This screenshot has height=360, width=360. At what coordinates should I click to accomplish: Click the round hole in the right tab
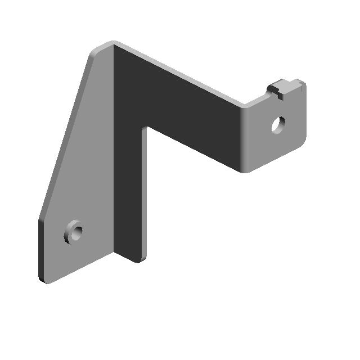pos(278,124)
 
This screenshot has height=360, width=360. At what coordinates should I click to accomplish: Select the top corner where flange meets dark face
pos(113,44)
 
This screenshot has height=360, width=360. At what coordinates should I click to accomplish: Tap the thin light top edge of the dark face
pos(180,73)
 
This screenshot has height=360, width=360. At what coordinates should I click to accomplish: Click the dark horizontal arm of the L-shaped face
pos(191,112)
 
